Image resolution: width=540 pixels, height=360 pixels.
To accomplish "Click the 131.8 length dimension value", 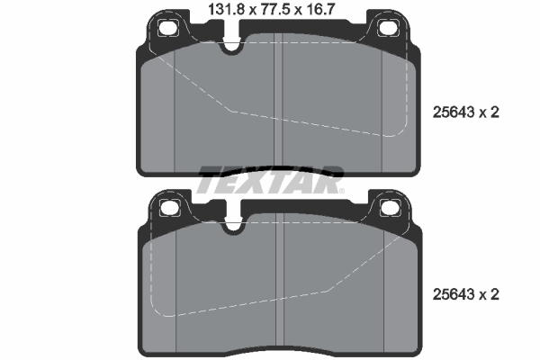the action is coord(226,9).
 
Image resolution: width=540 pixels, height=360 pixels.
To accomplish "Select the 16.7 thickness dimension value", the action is coord(319,9).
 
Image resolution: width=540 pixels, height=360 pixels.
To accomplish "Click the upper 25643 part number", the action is coord(454,112).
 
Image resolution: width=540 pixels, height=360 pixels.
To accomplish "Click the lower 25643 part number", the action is coord(454,294).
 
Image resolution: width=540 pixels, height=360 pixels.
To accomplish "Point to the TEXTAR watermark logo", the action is coord(270,180).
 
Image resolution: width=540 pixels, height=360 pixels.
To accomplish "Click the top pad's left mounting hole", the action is coord(168,28).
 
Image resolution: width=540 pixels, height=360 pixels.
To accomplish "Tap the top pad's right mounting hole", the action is coord(389,28).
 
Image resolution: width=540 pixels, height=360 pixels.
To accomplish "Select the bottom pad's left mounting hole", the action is coord(170,208).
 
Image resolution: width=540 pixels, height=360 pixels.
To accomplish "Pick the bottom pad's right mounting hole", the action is coord(391,208).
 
